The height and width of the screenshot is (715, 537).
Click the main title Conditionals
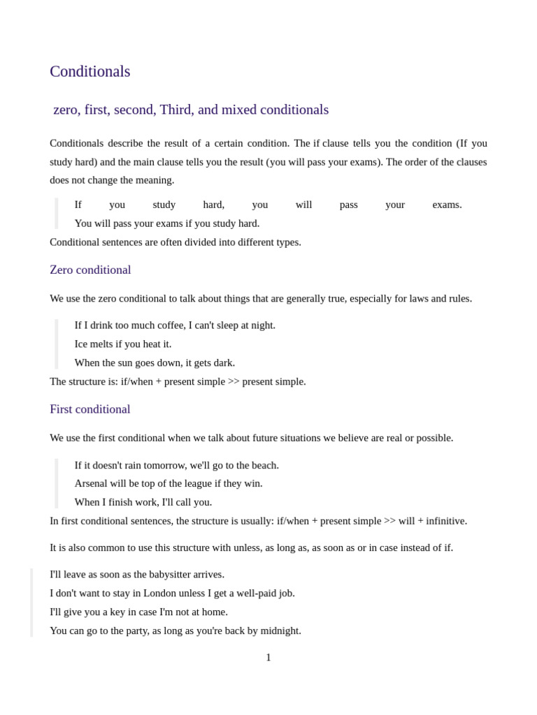coord(89,71)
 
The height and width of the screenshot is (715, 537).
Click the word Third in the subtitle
coord(176,110)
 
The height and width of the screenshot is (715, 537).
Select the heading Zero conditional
coord(90,270)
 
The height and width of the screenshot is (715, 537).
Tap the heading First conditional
coord(89,409)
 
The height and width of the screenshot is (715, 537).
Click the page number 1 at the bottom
coord(268,657)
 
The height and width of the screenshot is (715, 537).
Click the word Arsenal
coord(93,483)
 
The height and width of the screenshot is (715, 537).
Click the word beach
coord(264,465)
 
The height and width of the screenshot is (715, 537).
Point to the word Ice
coord(82,344)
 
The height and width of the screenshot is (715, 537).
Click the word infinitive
coord(445,521)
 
